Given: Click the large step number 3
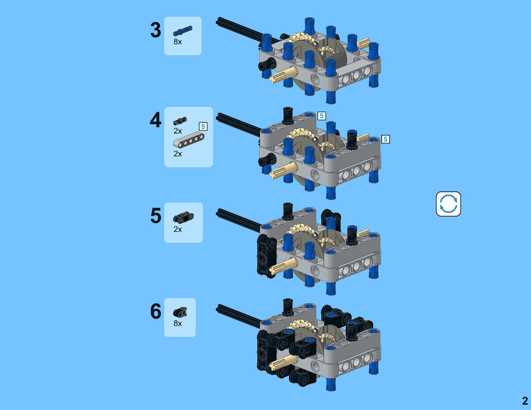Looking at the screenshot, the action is click(156, 30).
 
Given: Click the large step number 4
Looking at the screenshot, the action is click(156, 120).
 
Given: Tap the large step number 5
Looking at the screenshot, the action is click(156, 216).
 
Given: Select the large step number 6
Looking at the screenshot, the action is click(156, 311).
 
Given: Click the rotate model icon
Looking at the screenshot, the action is click(448, 204).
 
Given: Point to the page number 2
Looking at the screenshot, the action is click(525, 401).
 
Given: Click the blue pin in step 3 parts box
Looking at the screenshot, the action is click(182, 31).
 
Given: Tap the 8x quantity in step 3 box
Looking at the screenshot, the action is click(178, 42).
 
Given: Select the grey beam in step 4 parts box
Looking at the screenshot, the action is click(189, 141).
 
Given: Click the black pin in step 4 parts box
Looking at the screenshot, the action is click(180, 121).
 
